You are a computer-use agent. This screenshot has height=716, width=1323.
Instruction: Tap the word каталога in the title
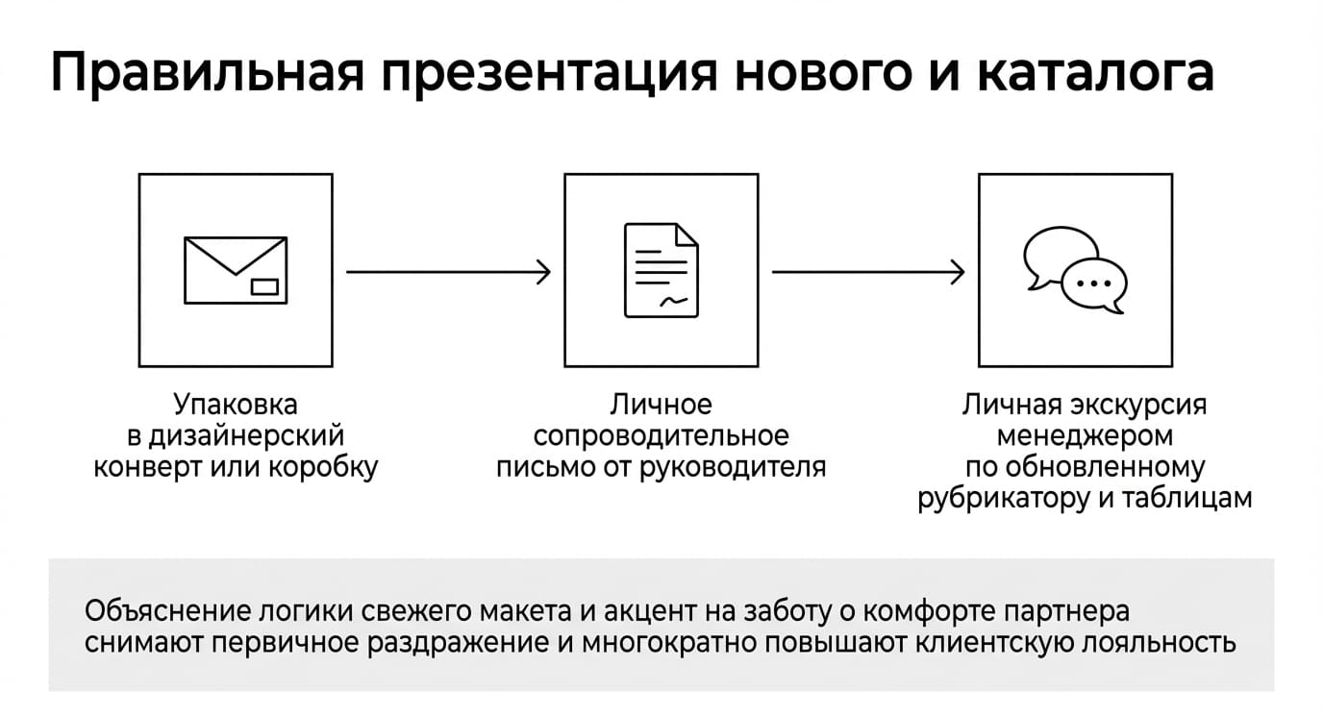1096,73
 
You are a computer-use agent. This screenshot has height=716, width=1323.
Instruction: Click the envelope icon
236,270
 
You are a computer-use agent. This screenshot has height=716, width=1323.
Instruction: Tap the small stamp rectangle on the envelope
264,286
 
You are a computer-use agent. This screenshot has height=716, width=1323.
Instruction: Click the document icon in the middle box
661,270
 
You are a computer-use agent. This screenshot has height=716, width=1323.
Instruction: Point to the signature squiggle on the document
673,302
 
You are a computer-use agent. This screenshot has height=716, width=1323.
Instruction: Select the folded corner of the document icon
686,235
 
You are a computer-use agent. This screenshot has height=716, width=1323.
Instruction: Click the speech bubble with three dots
1094,285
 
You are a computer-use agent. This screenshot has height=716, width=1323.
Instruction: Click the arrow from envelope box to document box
448,272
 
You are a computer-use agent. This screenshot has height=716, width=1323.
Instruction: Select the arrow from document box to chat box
868,272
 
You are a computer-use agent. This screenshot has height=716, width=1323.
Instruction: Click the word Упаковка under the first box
236,405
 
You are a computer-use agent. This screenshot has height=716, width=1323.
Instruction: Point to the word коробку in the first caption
323,467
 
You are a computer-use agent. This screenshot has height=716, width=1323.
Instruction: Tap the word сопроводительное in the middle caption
661,436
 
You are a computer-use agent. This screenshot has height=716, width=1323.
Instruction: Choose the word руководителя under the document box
733,468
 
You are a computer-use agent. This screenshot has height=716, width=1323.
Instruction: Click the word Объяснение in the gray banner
167,611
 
